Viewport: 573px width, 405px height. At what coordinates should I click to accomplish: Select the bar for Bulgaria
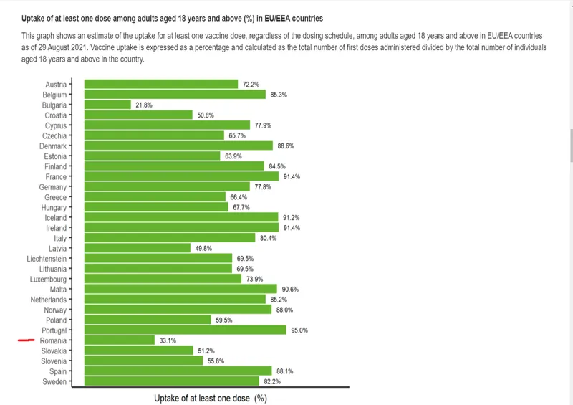click(x=107, y=105)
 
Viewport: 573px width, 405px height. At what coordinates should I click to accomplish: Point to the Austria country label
click(x=56, y=85)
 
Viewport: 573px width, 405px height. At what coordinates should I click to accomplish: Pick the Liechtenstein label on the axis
click(x=47, y=259)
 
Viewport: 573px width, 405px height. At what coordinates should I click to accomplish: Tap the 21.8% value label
click(x=143, y=105)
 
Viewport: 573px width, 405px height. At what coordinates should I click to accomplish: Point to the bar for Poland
click(x=148, y=320)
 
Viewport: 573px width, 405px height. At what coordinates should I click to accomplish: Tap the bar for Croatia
click(x=139, y=115)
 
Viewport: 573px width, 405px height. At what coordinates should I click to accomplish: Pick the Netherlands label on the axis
click(x=48, y=300)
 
